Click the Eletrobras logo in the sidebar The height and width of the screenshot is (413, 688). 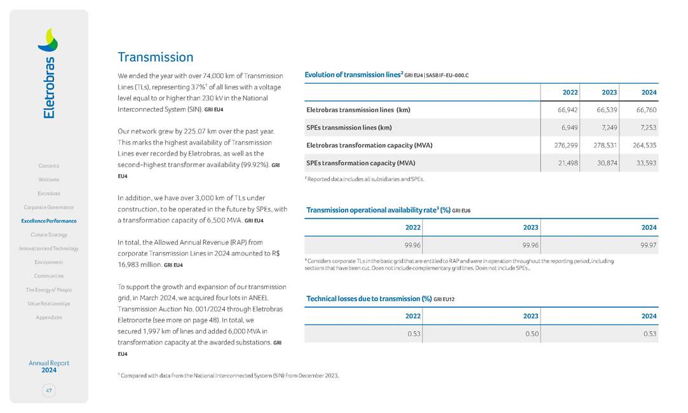[48, 73]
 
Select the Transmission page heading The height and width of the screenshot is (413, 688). [156, 57]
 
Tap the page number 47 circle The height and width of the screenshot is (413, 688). [49, 390]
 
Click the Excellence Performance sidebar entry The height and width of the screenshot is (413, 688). [49, 221]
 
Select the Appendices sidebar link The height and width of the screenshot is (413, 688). [49, 317]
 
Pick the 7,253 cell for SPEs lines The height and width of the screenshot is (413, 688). [645, 128]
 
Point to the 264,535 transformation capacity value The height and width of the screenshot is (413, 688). [643, 146]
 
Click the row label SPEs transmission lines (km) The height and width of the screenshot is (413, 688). [349, 128]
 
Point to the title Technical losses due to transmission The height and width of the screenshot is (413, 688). [368, 299]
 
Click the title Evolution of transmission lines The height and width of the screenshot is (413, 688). [354, 75]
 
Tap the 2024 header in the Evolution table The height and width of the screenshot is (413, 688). [649, 92]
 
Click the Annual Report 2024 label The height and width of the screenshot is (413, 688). [49, 367]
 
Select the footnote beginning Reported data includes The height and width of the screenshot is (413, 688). [365, 179]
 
